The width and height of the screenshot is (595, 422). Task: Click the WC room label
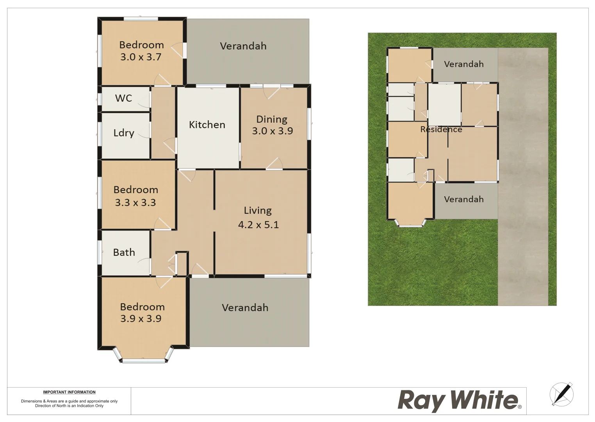click(x=123, y=98)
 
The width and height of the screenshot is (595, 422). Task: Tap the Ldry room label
click(x=124, y=133)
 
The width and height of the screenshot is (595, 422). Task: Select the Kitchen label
click(x=207, y=125)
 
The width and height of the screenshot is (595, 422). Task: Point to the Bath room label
click(x=124, y=252)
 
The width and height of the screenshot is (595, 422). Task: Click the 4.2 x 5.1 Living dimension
click(x=258, y=225)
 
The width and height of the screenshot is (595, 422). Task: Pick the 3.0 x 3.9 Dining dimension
click(x=273, y=131)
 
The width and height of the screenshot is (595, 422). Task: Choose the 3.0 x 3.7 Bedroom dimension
click(x=141, y=57)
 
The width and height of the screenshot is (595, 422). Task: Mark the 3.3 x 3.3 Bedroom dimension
click(x=135, y=202)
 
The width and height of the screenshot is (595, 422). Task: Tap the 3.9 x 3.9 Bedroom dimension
click(x=141, y=318)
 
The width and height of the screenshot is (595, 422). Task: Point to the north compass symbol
click(x=562, y=394)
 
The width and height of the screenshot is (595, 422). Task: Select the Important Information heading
click(x=69, y=392)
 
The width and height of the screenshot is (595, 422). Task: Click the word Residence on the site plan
click(x=441, y=129)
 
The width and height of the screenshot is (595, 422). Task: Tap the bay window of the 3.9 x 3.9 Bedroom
click(x=144, y=360)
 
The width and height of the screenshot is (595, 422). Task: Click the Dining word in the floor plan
click(x=272, y=119)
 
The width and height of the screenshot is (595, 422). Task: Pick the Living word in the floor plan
click(x=258, y=211)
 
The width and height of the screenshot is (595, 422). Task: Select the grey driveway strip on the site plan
click(x=523, y=176)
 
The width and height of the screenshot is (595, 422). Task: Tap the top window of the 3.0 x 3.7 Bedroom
click(x=141, y=18)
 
